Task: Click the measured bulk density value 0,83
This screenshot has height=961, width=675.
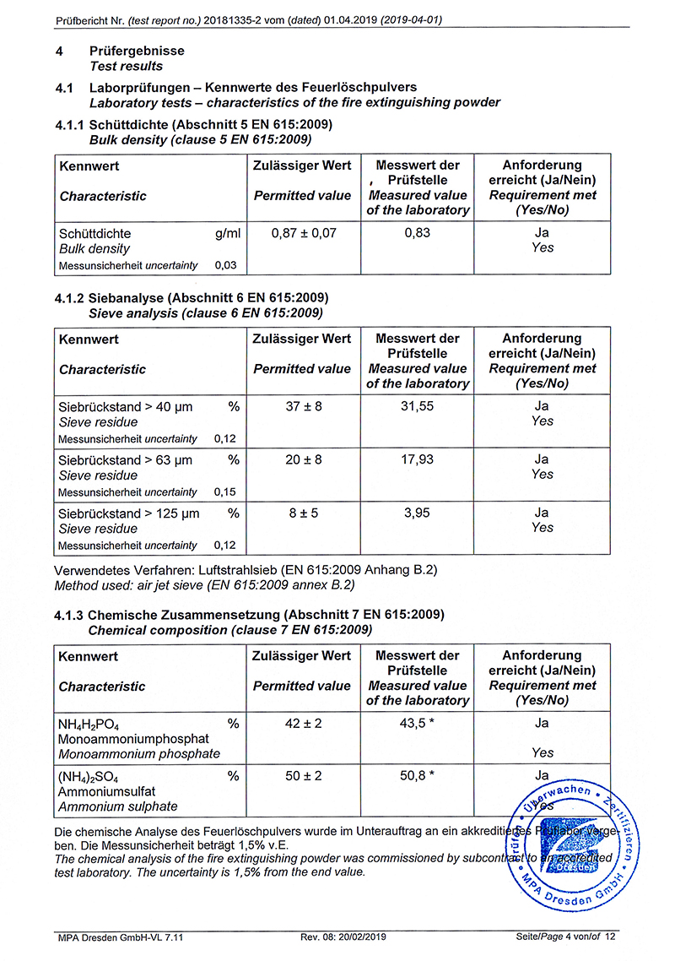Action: tap(417, 233)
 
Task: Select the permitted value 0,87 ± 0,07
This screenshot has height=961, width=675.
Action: tap(302, 233)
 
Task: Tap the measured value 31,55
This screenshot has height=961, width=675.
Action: tap(417, 406)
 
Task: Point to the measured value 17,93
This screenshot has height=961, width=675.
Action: tap(417, 459)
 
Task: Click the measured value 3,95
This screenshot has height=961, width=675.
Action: tap(417, 513)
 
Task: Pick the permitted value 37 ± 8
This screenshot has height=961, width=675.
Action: tap(302, 406)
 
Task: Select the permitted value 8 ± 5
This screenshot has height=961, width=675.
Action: tap(302, 513)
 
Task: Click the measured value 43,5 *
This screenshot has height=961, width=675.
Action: tap(417, 723)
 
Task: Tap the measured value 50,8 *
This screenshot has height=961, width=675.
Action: tap(417, 775)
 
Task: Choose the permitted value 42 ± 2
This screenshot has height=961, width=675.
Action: tap(302, 723)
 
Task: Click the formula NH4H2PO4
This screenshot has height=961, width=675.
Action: tap(89, 725)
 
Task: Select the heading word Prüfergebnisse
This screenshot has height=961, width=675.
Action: tap(137, 51)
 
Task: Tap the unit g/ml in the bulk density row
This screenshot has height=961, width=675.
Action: tap(227, 233)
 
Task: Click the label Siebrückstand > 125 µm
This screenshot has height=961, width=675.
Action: tap(128, 513)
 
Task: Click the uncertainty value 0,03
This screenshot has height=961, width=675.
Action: tap(225, 265)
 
